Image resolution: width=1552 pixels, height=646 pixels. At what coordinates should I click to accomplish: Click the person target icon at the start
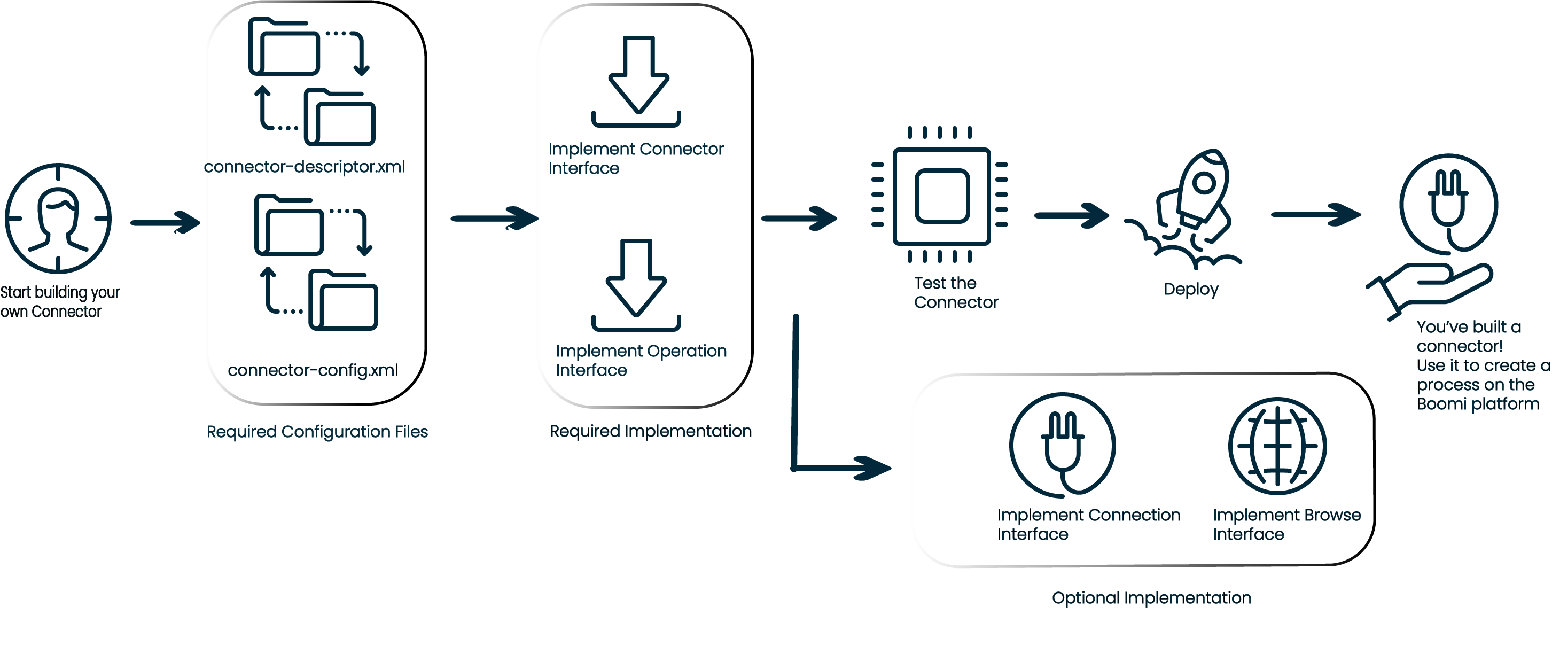[x=58, y=218]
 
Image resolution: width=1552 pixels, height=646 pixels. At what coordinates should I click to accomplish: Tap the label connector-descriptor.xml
[x=304, y=166]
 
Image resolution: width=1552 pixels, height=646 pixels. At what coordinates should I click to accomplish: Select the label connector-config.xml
[x=313, y=369]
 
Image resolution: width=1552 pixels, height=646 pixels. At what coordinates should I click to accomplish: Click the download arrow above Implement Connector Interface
[x=637, y=81]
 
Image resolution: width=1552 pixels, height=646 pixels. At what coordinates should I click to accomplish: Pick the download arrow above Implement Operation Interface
[x=636, y=284]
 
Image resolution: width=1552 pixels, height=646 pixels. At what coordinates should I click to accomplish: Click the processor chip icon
[x=940, y=195]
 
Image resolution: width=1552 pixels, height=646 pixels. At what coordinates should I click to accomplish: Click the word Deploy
[x=1190, y=289]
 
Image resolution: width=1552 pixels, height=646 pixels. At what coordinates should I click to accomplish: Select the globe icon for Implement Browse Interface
[x=1277, y=446]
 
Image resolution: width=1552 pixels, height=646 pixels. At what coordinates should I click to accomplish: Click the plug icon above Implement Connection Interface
[x=1062, y=445]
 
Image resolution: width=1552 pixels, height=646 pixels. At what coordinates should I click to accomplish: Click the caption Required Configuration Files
[x=317, y=432]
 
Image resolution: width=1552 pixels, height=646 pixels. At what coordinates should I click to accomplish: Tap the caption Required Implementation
[x=650, y=431]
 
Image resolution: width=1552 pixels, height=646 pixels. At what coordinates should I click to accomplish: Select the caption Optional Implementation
[x=1151, y=598]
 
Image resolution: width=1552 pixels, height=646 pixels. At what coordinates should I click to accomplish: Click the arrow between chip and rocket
[x=1071, y=215]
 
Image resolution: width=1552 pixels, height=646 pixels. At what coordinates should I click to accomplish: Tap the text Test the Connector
[x=955, y=292]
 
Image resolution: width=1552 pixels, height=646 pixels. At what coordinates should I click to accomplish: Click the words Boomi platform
[x=1477, y=404]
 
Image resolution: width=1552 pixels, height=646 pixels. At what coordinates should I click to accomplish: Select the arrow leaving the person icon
[x=165, y=222]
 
